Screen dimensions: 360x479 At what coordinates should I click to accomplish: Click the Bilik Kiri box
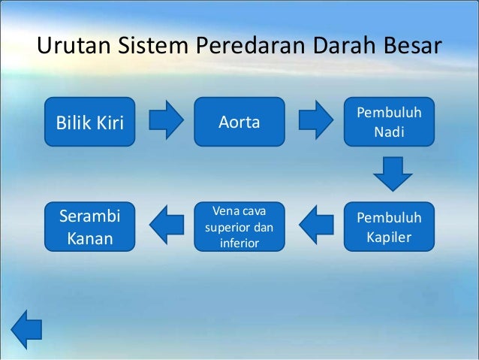pos(90,122)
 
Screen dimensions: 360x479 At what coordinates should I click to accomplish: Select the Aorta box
pos(239,122)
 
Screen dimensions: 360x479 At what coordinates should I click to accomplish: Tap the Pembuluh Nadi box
pos(389,122)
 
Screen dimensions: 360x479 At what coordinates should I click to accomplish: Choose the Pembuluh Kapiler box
pos(389,227)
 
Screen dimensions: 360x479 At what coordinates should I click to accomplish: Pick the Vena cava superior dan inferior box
pos(239,226)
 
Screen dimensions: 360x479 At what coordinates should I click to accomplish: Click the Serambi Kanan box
pos(90,226)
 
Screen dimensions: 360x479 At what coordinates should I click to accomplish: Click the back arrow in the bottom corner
pos(27,329)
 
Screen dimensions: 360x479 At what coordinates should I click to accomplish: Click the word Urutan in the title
pos(72,47)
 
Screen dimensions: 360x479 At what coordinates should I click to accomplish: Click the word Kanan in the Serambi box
pos(90,240)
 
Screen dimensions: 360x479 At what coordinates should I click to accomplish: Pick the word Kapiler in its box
pos(389,239)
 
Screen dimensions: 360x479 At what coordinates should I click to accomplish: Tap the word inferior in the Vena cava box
pos(239,243)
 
